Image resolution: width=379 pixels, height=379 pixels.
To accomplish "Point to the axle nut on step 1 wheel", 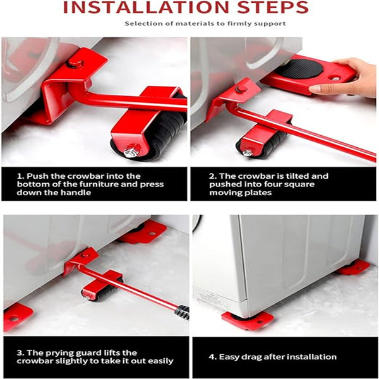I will pos(132,152).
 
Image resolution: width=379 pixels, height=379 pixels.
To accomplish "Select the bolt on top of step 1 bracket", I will pos(76,63).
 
